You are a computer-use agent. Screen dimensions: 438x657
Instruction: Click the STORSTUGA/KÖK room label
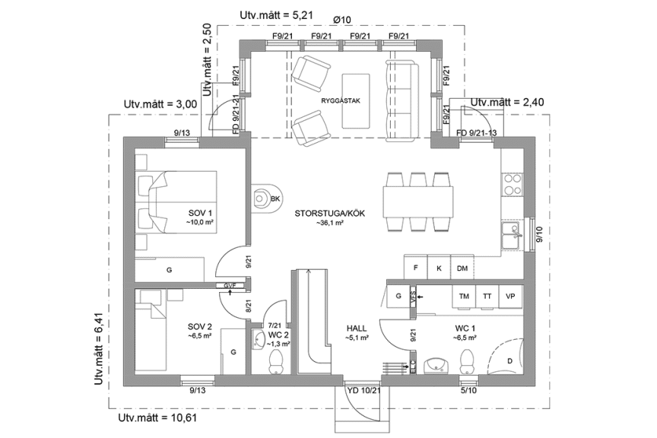coord(330,214)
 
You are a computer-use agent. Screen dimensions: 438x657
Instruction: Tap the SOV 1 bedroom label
coord(202,212)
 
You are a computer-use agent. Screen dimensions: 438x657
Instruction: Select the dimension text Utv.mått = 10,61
coord(158,418)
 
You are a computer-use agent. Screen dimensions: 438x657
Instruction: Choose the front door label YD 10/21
coord(362,390)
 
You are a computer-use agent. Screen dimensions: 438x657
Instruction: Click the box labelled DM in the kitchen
coord(462,268)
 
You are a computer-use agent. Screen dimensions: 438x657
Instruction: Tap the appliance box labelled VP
coord(510,297)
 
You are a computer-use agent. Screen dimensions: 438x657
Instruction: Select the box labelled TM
coord(463,297)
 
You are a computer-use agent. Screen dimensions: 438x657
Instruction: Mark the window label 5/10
coord(469,390)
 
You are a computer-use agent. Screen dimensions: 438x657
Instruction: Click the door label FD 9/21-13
coord(476,133)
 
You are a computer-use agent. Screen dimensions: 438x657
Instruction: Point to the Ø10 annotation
coord(343,19)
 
